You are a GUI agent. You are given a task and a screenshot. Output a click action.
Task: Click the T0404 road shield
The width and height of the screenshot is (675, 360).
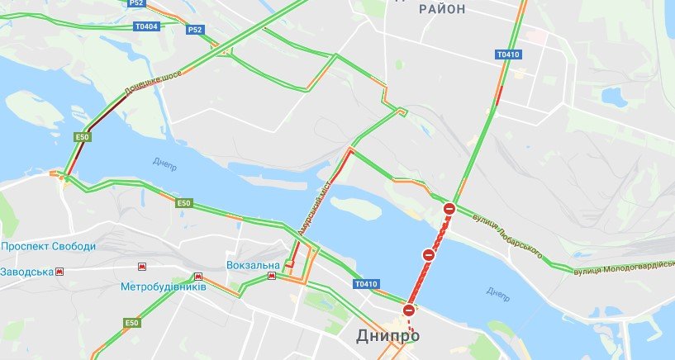click(145, 26)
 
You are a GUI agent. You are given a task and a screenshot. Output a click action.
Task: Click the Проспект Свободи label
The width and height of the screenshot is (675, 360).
click(49, 247)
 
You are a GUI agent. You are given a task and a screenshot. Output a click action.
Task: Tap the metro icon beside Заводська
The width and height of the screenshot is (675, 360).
click(59, 272)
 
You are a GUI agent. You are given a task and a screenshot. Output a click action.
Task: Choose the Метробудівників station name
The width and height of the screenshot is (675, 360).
click(162, 287)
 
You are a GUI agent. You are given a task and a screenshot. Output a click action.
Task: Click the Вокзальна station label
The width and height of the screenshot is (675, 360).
click(254, 265)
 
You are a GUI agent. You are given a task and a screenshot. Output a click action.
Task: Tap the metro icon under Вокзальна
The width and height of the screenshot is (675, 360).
click(271, 277)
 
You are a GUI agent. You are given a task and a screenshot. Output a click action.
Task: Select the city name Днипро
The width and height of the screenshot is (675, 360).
click(387, 336)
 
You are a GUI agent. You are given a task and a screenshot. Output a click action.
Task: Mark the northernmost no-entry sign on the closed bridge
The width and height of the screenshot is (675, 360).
click(449, 210)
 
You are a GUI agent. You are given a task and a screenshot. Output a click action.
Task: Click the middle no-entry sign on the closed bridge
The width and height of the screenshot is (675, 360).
click(429, 255)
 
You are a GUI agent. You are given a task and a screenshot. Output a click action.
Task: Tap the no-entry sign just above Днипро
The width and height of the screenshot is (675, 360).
click(408, 310)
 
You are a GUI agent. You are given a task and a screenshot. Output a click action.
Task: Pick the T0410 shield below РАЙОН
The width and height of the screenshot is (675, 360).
click(508, 55)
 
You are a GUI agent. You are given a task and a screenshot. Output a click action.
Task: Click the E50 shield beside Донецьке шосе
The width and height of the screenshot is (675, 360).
click(82, 137)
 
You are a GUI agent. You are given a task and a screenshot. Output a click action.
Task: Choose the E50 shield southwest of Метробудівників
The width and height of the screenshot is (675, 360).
click(132, 322)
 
